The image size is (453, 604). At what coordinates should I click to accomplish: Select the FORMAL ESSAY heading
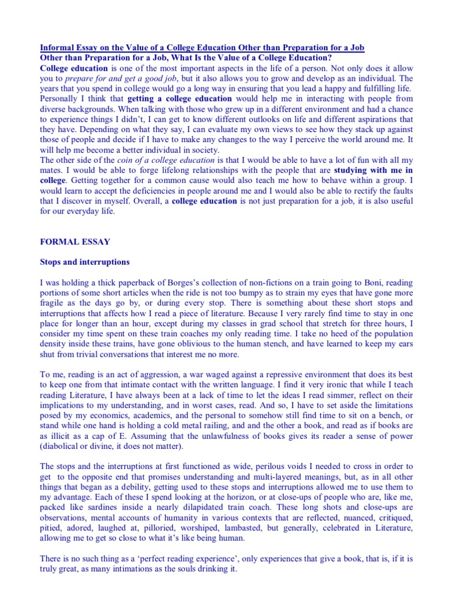72,241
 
